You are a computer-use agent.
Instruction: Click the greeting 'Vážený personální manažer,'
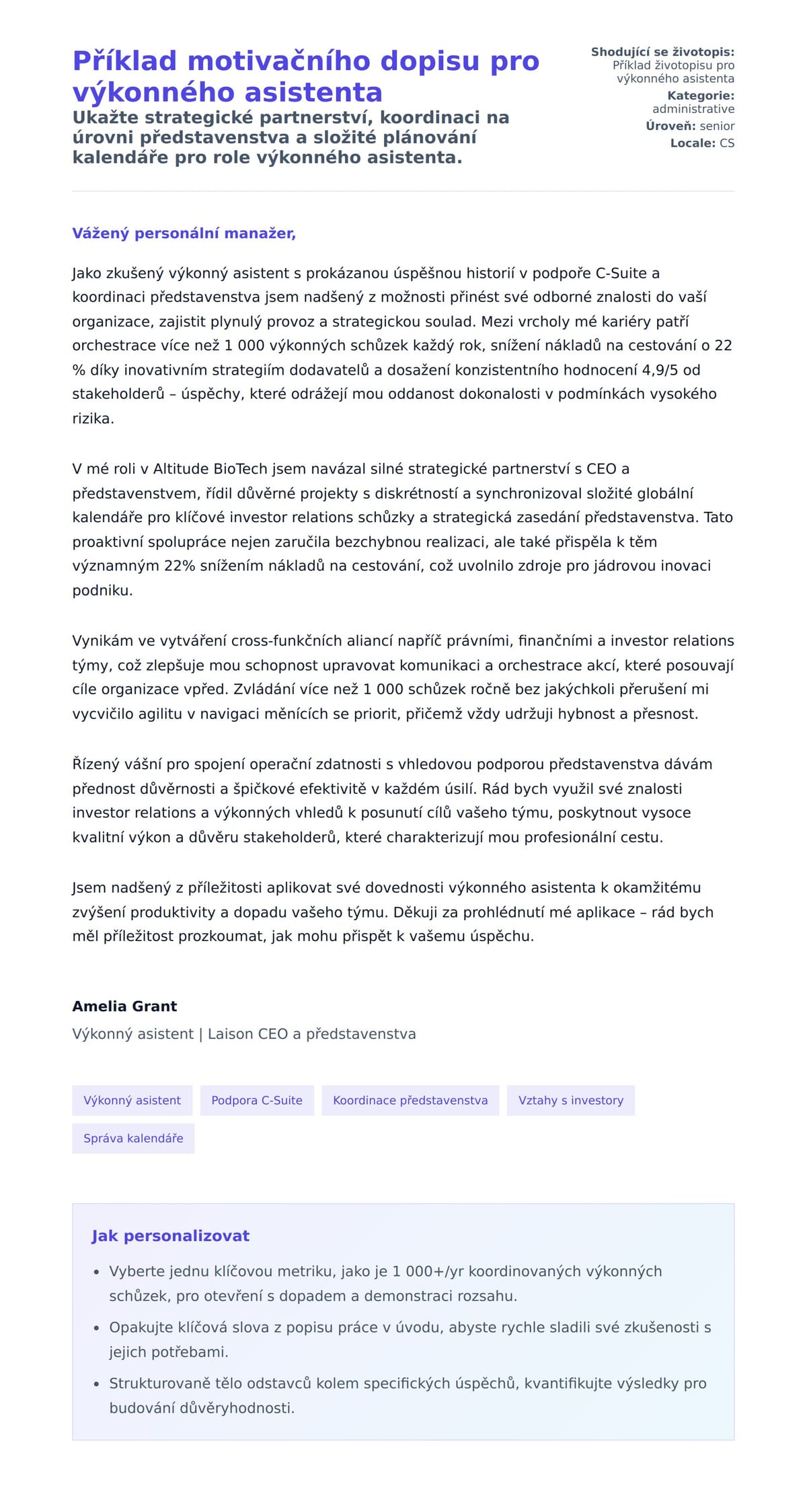184,233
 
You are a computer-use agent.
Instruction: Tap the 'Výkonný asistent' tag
132,1100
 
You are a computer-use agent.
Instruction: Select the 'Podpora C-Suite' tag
257,1100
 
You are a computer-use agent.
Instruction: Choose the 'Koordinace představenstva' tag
410,1100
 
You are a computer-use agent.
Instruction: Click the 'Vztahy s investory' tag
570,1100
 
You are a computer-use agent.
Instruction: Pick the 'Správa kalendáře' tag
133,1138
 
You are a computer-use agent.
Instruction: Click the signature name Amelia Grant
124,1006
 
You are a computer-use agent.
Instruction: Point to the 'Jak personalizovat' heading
170,1236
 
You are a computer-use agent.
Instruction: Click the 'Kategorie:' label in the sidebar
700,96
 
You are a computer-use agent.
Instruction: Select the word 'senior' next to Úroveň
717,126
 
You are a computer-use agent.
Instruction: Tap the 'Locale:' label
693,143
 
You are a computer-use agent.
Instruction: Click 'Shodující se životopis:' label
662,52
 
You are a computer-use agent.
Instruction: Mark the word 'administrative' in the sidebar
693,109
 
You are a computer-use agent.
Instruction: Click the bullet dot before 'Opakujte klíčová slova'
96,1328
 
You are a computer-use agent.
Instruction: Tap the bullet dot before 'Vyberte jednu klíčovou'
96,1272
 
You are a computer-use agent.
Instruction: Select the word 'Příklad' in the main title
124,61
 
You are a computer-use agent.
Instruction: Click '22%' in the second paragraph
179,566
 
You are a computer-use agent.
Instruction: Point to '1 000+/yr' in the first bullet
428,1271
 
